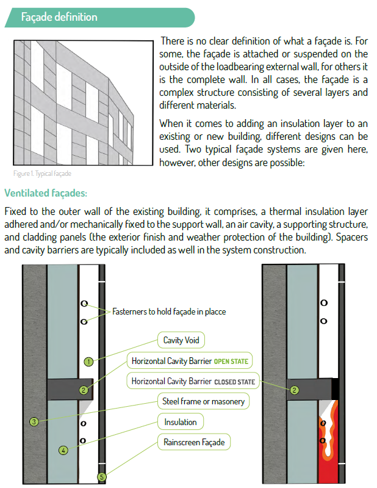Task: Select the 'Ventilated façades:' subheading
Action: point(46,193)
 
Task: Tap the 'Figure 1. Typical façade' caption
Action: point(40,174)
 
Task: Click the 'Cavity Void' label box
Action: point(181,340)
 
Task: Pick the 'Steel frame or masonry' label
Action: point(204,401)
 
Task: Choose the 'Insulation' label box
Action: point(181,422)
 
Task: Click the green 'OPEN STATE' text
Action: point(231,361)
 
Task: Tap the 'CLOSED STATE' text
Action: point(234,382)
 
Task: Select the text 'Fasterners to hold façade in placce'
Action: point(169,311)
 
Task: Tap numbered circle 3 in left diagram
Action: point(34,421)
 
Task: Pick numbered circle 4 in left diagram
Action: point(63,451)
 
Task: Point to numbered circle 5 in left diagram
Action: point(102,477)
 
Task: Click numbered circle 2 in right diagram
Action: point(295,390)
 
